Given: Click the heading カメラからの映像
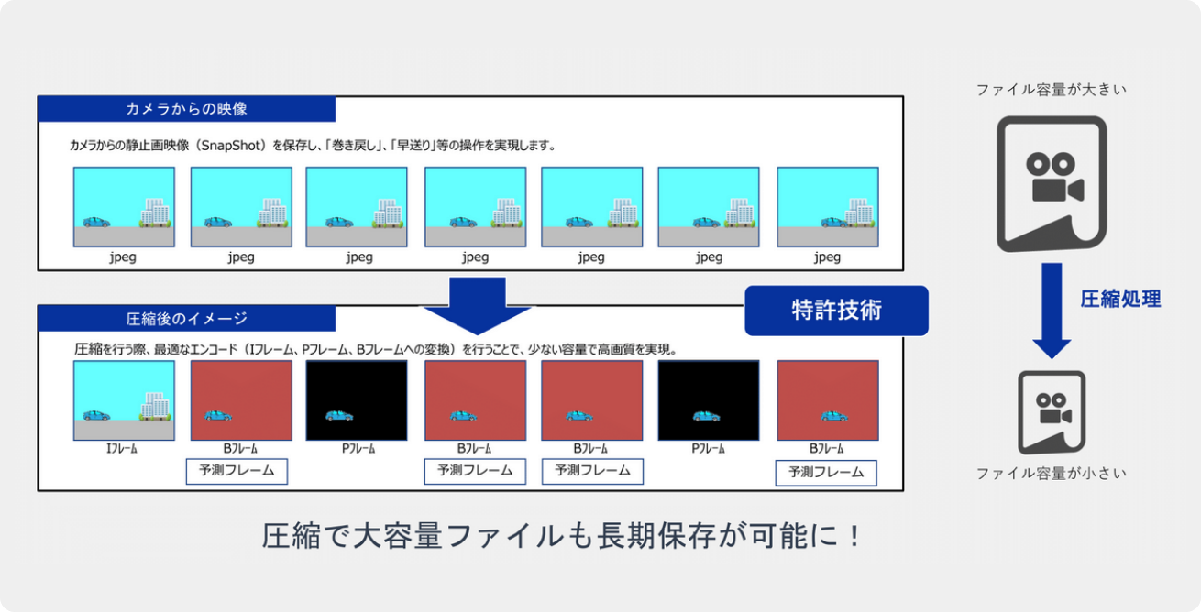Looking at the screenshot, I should click(186, 109).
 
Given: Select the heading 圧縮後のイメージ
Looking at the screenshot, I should click(186, 319).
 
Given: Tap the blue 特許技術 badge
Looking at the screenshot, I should click(836, 311).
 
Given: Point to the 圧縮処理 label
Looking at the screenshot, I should click(1120, 299).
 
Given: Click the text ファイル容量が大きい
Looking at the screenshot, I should click(1052, 90).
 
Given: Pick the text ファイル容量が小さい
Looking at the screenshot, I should click(1052, 474).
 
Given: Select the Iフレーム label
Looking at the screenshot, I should click(122, 448).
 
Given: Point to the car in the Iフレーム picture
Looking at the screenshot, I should click(96, 415).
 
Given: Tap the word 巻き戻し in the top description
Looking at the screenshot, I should click(354, 146).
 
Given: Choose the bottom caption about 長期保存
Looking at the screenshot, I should click(562, 535).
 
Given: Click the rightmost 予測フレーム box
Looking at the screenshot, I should click(826, 473).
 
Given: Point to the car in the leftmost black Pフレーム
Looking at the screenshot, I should click(339, 415).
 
